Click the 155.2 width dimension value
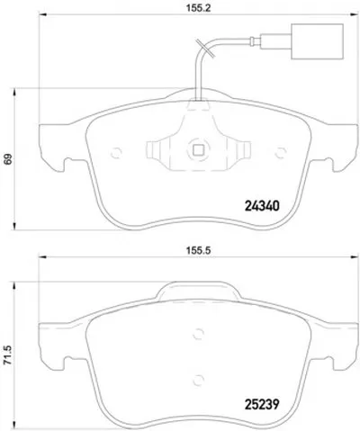[198, 8]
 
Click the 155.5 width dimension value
[198, 250]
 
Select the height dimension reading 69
[8, 158]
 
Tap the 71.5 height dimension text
[8, 355]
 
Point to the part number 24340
[262, 206]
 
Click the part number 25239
[262, 404]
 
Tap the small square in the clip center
[198, 149]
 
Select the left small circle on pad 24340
[116, 153]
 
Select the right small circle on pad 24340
[281, 153]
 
